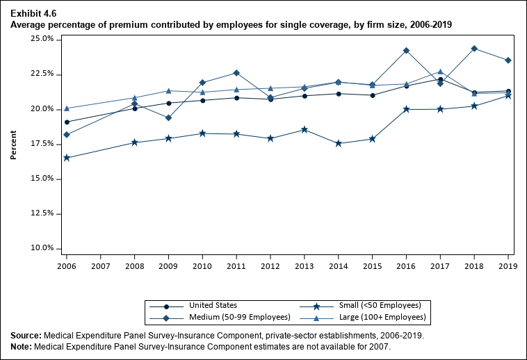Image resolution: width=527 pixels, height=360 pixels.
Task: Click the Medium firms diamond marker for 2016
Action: click(x=406, y=51)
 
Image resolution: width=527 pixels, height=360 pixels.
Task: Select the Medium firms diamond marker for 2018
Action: click(x=474, y=49)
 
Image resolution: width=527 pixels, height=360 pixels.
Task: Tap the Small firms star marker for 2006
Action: click(x=67, y=158)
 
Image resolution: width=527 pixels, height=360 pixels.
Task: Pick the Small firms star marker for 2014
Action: click(x=339, y=143)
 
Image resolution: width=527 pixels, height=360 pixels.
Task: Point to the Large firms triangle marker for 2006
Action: click(x=67, y=108)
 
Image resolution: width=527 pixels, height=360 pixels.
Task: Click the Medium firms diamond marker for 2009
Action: click(x=169, y=118)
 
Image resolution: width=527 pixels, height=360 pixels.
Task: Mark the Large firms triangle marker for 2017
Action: click(x=440, y=72)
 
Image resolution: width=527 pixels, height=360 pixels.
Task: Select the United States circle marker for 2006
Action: click(x=67, y=122)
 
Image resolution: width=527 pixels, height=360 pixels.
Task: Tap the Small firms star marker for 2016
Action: click(x=406, y=109)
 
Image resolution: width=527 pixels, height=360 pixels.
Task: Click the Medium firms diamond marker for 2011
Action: click(x=236, y=73)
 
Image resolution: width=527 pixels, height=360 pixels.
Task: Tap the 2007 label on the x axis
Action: click(x=101, y=265)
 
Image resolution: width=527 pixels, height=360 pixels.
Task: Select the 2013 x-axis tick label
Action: click(x=305, y=265)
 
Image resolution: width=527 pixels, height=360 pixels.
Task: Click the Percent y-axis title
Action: click(x=13, y=144)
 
